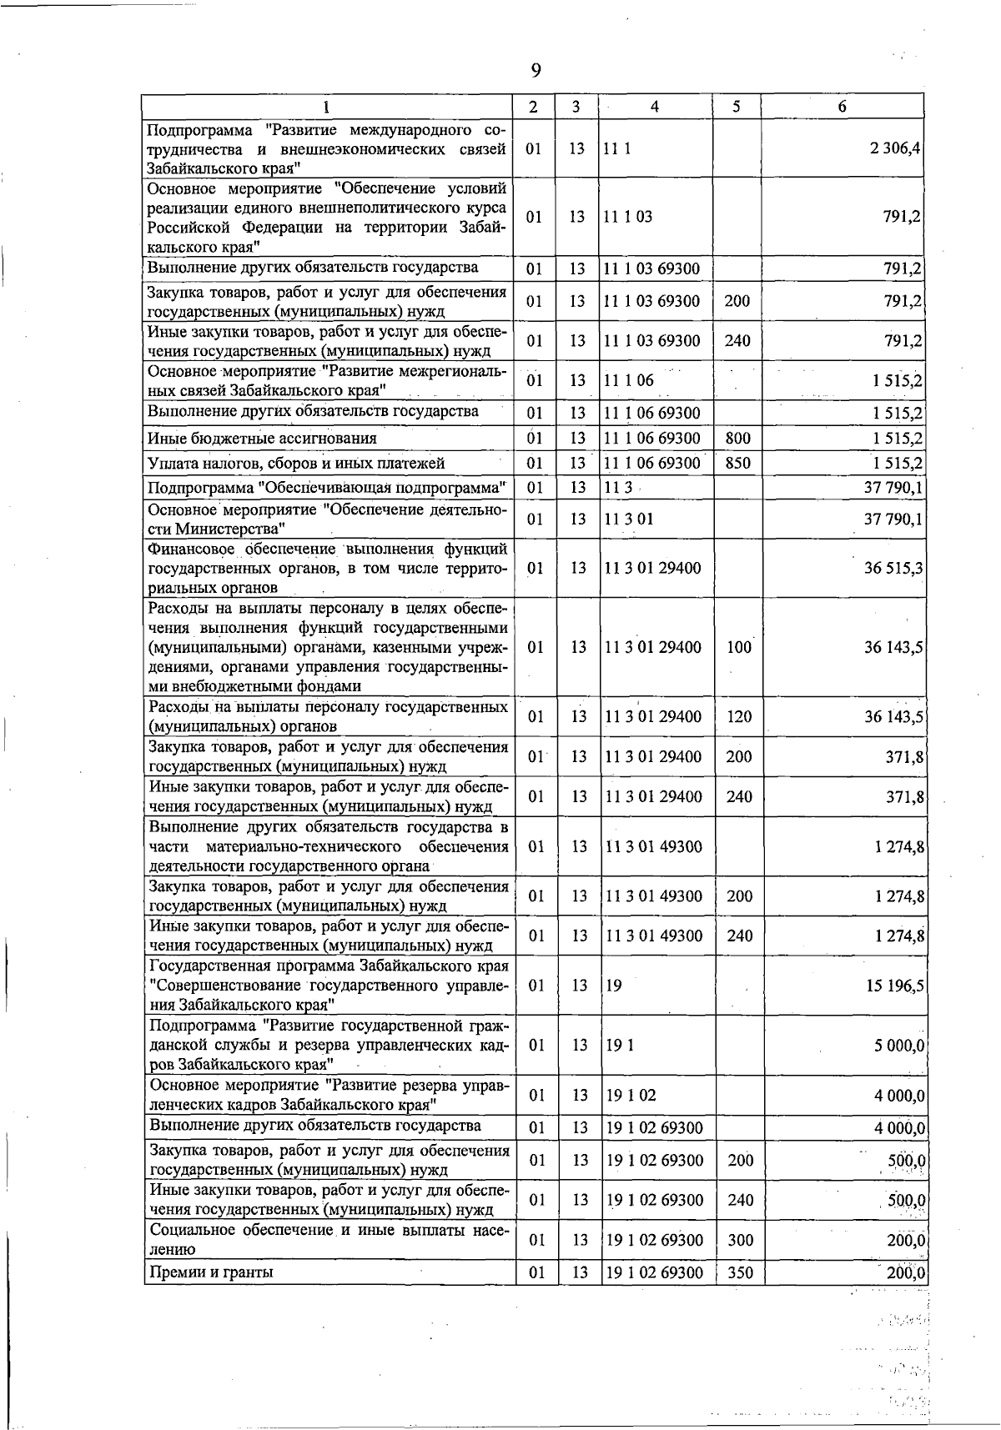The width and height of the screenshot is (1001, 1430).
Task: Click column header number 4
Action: [x=655, y=107]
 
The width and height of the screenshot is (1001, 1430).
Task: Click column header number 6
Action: [x=843, y=107]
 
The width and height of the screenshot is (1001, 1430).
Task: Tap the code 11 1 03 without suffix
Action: [x=628, y=217]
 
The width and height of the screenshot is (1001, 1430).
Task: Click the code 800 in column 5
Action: [x=737, y=438]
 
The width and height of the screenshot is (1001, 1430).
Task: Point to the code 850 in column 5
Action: [x=737, y=463]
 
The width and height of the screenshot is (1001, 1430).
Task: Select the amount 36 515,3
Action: [x=893, y=568]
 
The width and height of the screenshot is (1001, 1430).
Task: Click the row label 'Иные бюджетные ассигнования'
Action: [x=262, y=438]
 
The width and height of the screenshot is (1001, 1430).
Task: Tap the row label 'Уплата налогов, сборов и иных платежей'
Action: [x=296, y=463]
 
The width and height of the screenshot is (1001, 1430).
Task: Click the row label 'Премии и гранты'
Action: [x=211, y=1272]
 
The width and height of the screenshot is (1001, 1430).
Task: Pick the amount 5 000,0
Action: [x=898, y=1045]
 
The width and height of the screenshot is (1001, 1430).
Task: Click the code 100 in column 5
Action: [x=739, y=647]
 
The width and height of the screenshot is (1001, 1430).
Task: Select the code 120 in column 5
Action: [x=739, y=717]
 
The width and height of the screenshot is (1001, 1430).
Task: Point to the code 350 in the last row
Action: [x=739, y=1272]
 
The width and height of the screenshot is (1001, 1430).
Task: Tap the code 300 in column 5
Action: [x=739, y=1240]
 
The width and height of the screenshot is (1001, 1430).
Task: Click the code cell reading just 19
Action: [x=614, y=986]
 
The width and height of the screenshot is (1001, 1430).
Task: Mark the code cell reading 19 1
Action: [x=620, y=1045]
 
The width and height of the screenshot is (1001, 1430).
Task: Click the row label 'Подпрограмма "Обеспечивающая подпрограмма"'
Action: [x=328, y=488]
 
